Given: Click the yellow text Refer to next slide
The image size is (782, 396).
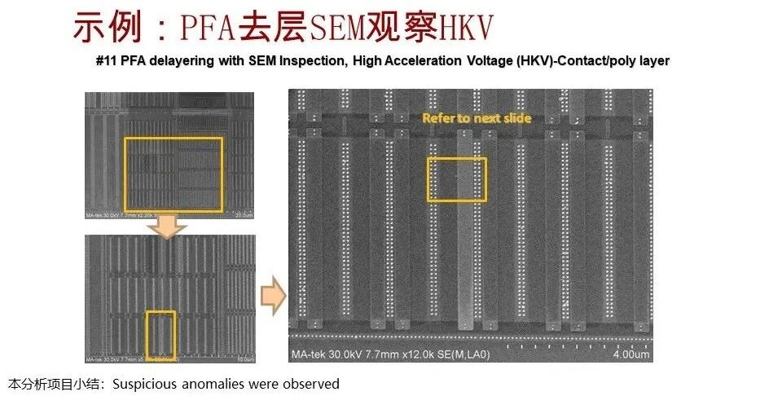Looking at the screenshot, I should [x=477, y=118].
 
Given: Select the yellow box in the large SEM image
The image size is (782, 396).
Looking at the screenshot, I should [x=457, y=179].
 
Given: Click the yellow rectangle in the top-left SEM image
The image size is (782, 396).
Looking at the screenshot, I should [x=173, y=174].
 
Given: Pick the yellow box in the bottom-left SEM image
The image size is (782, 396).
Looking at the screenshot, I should [x=160, y=335].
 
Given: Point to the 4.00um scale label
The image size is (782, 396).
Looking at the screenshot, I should [x=632, y=354].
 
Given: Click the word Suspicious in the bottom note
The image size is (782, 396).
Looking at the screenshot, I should [x=141, y=384].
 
